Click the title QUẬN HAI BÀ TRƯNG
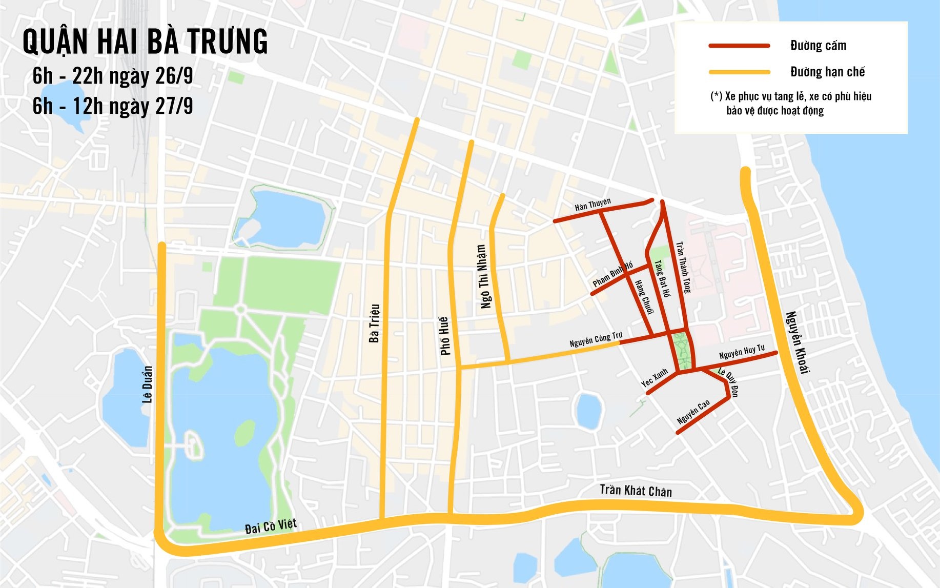coord(145,42)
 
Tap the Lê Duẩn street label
coord(148,384)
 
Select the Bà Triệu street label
coord(375,323)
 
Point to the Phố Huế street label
coord(444,336)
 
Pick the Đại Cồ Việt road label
coord(271,526)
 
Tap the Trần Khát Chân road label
coord(636,491)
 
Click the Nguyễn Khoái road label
coord(798,342)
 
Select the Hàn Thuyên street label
coord(592,205)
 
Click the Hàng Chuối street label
coord(644,297)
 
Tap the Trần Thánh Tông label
coord(683,267)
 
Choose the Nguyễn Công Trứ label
coord(596,339)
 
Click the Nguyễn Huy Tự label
coord(742,352)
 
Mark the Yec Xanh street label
coord(655,377)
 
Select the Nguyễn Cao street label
coord(693,412)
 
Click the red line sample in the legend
coord(739,46)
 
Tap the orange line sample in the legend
coord(739,72)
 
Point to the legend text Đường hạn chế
coord(827,72)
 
